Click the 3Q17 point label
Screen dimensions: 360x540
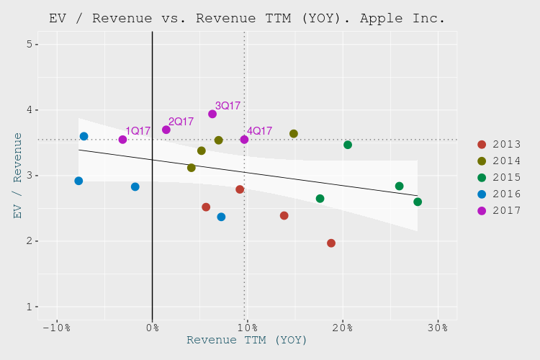[228, 106]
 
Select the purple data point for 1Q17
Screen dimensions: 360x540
[122, 140]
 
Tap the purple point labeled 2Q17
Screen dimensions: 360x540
[166, 130]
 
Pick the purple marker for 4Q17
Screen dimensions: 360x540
[244, 140]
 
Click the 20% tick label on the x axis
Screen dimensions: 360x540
[342, 328]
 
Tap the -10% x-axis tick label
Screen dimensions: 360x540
[56, 328]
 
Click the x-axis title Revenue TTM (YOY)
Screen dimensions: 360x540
[247, 341]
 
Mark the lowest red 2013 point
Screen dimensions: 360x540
[331, 243]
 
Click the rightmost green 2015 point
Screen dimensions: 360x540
[418, 202]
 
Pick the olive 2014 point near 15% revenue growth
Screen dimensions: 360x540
[294, 134]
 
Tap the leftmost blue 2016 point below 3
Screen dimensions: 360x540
[78, 181]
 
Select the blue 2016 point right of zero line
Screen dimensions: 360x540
[221, 217]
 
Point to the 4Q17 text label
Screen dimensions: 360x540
[259, 131]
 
